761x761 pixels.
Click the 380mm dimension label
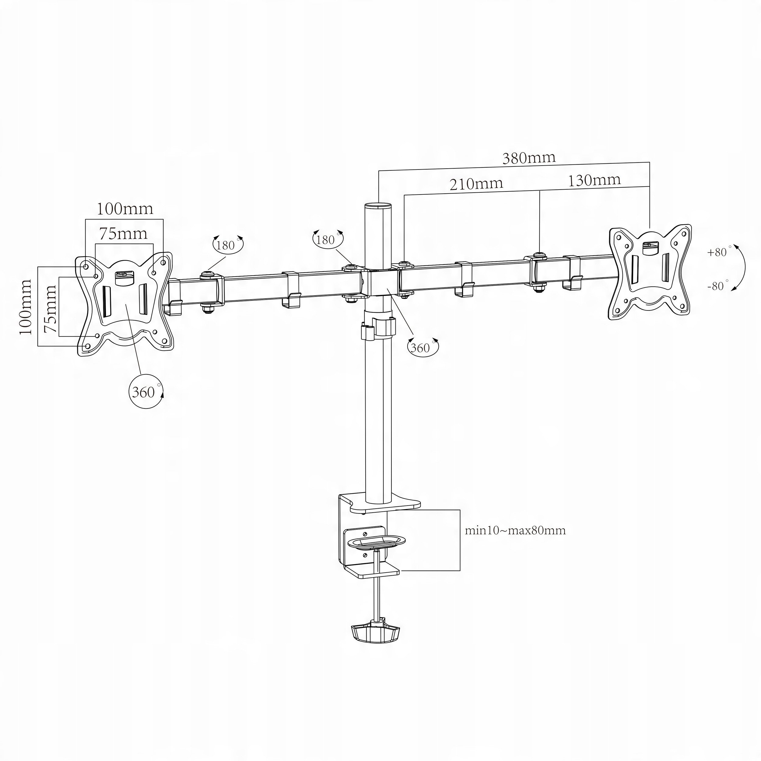[x=529, y=158]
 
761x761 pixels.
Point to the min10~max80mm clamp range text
[x=515, y=530]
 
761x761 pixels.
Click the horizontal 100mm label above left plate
[x=125, y=209]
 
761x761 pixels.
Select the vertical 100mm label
[x=25, y=307]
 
